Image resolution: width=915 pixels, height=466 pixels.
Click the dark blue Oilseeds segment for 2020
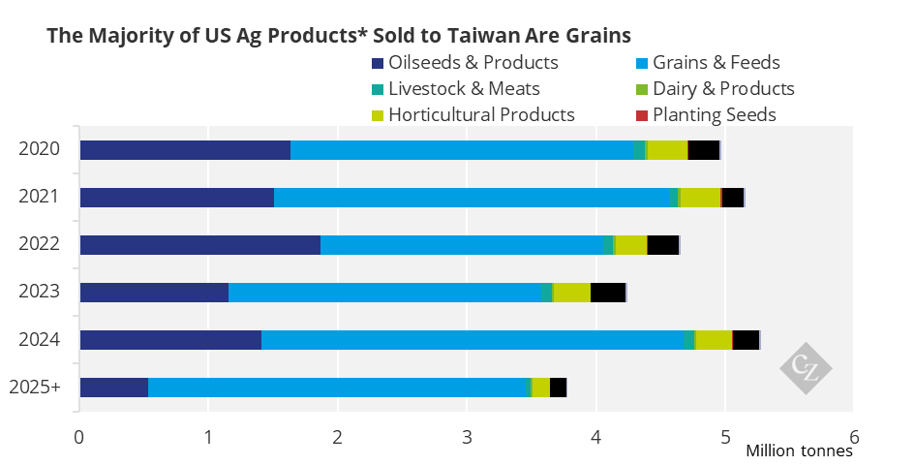pyautogui.click(x=185, y=150)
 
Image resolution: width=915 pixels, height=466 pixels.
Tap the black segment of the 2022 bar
pyautogui.click(x=663, y=245)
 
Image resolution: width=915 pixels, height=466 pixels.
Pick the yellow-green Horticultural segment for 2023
pyautogui.click(x=572, y=293)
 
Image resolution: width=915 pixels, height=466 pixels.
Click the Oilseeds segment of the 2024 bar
pyautogui.click(x=170, y=340)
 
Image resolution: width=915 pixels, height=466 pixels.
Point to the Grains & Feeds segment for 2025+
pyautogui.click(x=338, y=388)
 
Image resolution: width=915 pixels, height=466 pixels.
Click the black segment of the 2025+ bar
pyautogui.click(x=558, y=388)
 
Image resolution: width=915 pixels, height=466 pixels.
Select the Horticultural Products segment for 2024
pyautogui.click(x=714, y=340)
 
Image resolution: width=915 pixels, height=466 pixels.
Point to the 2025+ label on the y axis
pyautogui.click(x=35, y=388)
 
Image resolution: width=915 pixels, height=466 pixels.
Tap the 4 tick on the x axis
pyautogui.click(x=595, y=435)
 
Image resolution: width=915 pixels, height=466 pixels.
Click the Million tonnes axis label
pyautogui.click(x=799, y=450)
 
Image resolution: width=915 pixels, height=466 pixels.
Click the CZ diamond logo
pyautogui.click(x=806, y=368)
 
